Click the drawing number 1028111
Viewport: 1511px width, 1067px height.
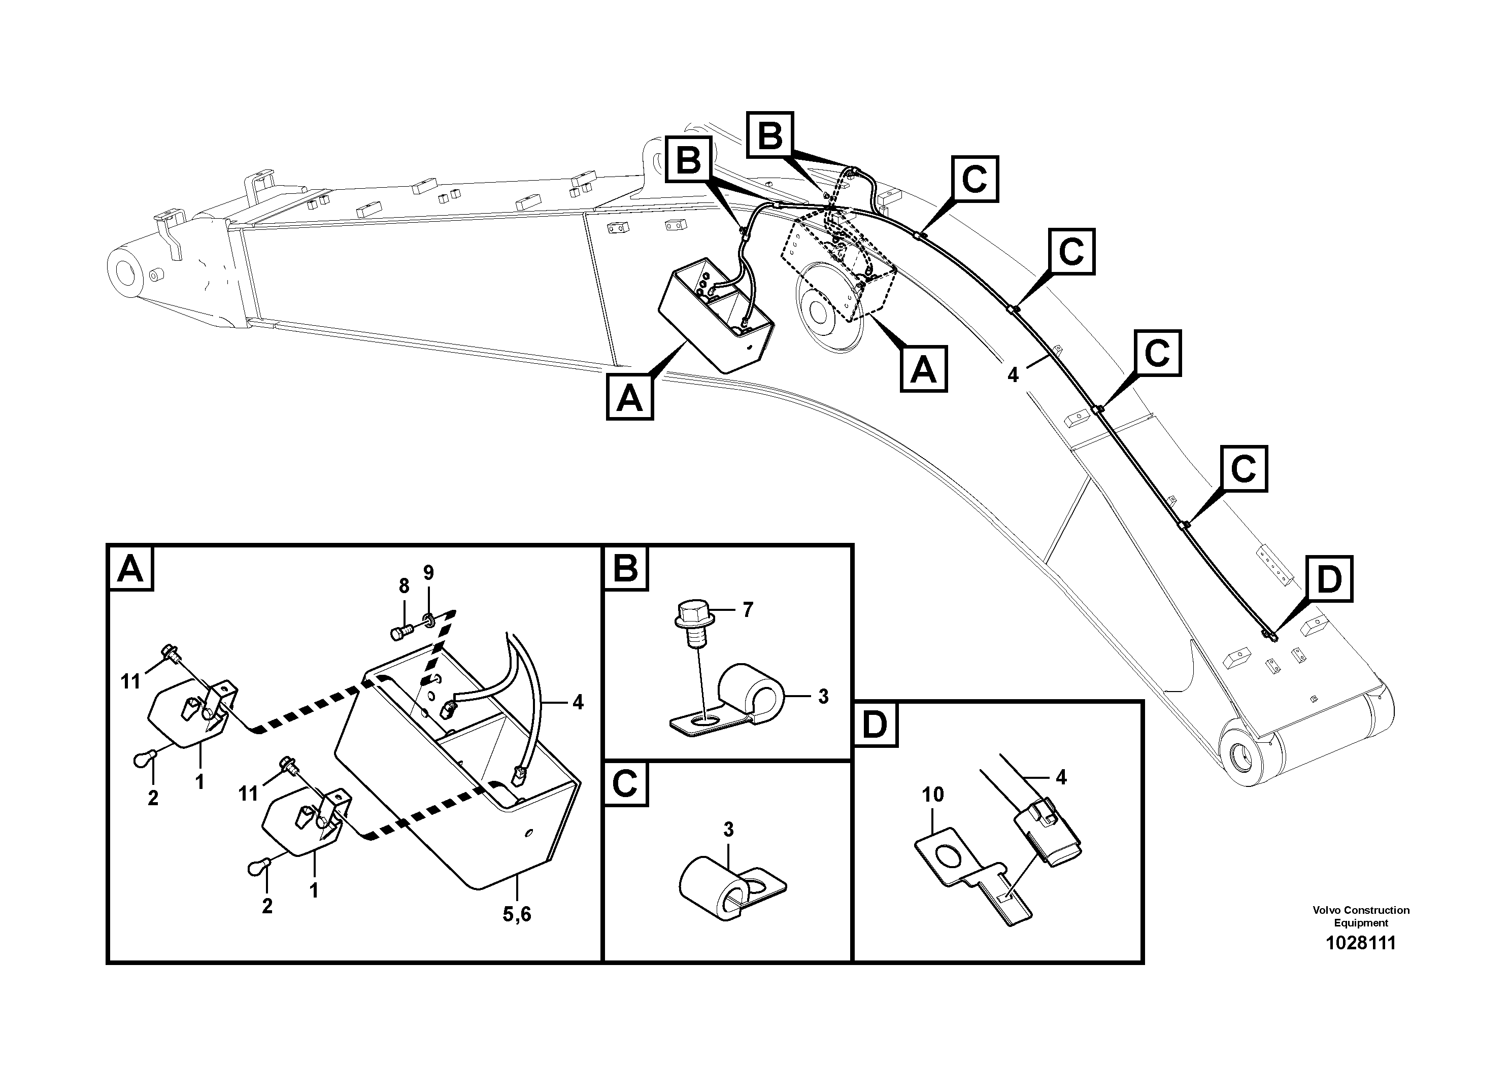(1360, 943)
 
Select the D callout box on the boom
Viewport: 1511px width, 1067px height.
(1329, 579)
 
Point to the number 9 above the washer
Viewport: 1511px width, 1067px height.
(428, 572)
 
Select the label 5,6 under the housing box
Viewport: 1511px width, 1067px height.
(517, 914)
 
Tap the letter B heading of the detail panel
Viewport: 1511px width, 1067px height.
(625, 568)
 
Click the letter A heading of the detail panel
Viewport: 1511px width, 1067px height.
(130, 568)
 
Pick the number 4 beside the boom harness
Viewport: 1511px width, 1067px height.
(1013, 375)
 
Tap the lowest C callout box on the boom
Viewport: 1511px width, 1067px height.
(1243, 469)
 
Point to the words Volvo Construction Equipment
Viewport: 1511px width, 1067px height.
(1360, 916)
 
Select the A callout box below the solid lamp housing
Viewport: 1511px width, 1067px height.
(630, 397)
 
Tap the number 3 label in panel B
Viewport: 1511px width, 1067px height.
(823, 697)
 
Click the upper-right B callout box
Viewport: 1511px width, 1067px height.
(770, 135)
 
